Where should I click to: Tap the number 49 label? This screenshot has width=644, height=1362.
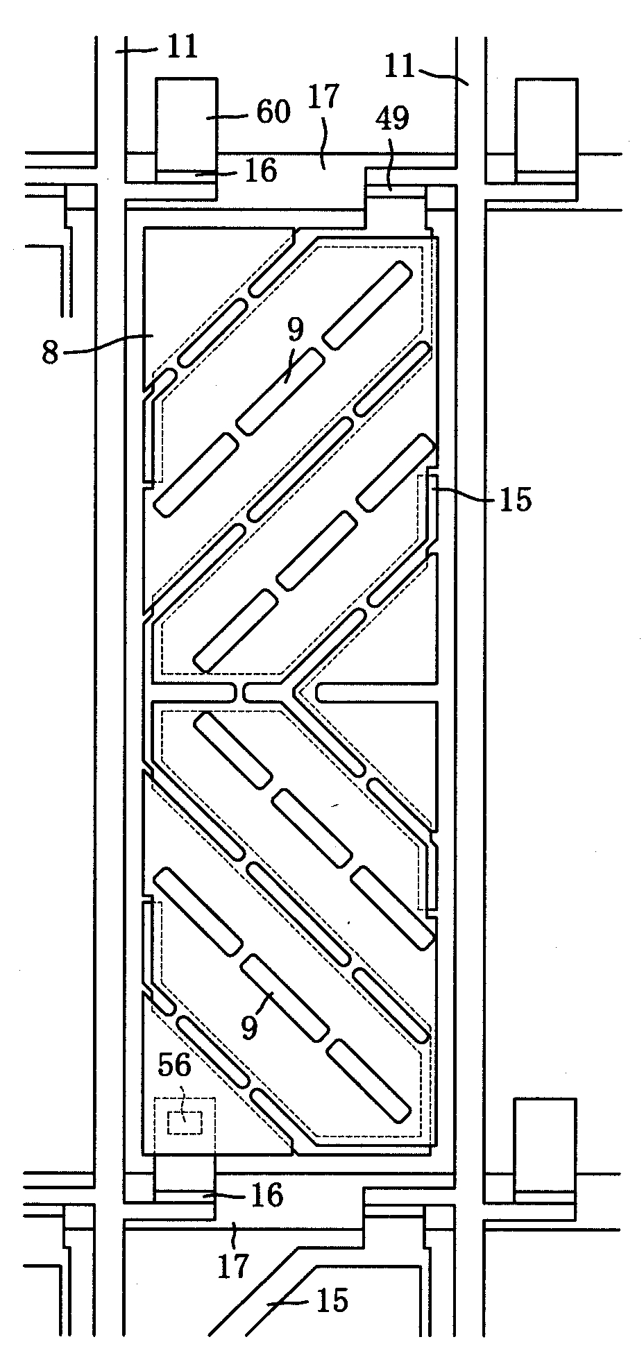click(392, 120)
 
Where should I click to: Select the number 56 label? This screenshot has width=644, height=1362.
click(174, 1066)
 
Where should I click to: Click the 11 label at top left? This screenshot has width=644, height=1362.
click(182, 47)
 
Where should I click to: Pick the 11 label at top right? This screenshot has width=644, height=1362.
click(400, 67)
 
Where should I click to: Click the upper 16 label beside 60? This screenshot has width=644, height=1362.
click(261, 170)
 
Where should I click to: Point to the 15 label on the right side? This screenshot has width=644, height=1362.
click(514, 499)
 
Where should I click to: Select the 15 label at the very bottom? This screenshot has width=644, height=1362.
click(331, 1300)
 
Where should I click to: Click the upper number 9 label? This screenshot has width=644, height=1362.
click(295, 330)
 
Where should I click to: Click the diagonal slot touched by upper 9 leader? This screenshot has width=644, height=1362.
click(280, 391)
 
